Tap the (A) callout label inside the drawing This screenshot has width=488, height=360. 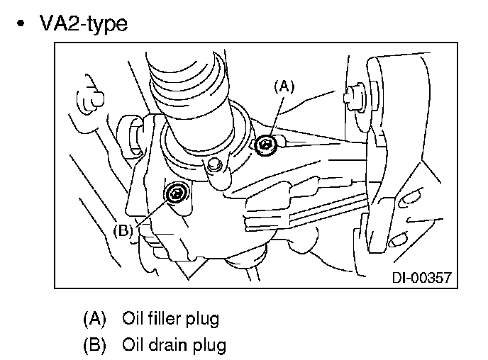click(284, 86)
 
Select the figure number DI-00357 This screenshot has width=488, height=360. click(422, 278)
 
